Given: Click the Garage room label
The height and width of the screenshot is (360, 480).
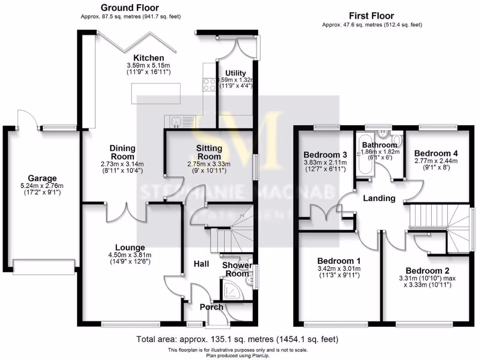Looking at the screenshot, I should (x=42, y=178).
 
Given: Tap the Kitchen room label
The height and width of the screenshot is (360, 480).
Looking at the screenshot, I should (x=148, y=58).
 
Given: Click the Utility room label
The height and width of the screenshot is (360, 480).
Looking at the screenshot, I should (x=235, y=73).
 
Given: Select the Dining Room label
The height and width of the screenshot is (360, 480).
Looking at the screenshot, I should (x=122, y=152).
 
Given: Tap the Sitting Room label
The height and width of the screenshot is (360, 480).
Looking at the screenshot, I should (x=209, y=152).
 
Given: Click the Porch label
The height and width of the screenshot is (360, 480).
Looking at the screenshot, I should (x=211, y=307).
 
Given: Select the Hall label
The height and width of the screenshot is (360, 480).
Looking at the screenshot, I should (x=202, y=264).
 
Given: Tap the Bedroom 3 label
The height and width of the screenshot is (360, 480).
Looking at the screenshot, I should (x=325, y=155).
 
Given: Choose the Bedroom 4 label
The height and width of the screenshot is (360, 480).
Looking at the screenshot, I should (x=436, y=153).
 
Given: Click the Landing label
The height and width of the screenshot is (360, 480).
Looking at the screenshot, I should (x=379, y=198).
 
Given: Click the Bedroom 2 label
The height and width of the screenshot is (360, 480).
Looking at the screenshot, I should (x=424, y=270).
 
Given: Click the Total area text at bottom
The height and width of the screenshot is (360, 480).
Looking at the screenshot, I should (x=237, y=338).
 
